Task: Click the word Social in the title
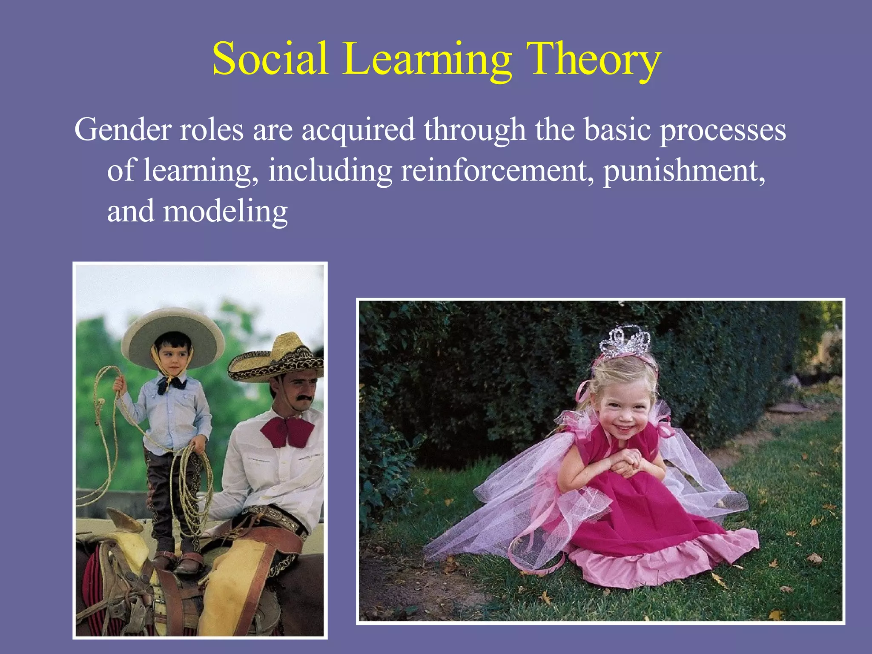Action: tap(270, 58)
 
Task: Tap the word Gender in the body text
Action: tap(123, 129)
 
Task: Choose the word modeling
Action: tap(225, 212)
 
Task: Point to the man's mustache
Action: tap(306, 398)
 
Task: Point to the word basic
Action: tap(617, 129)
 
